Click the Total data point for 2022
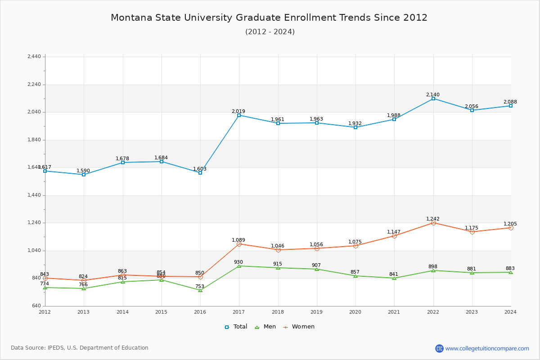click(433, 99)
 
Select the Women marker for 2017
click(239, 244)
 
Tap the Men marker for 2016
click(200, 290)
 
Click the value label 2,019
click(238, 111)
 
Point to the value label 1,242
click(433, 219)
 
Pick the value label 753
click(200, 286)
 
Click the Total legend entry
click(236, 327)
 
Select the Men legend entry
click(265, 327)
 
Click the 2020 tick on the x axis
click(355, 311)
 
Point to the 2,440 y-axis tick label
click(34, 57)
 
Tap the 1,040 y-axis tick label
click(34, 251)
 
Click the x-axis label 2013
click(84, 311)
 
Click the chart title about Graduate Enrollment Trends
click(269, 18)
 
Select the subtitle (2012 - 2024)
click(270, 31)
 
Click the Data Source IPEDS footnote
click(80, 348)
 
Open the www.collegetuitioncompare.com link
click(487, 348)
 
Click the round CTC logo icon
click(439, 348)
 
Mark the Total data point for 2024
click(511, 106)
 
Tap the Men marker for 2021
click(394, 278)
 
